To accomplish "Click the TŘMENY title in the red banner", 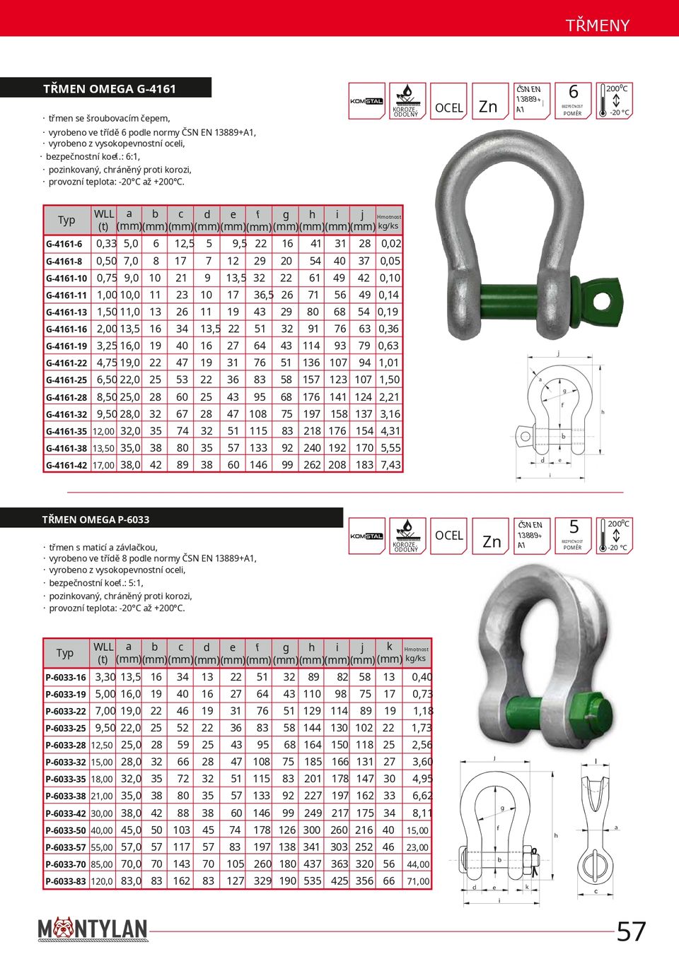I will pos(597,25).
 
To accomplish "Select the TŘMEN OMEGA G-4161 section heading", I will pos(110,89).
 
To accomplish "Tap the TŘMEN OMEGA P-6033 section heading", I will pos(95,519).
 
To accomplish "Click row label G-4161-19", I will pos(66,346).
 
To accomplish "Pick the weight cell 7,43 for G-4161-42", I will pos(390,465).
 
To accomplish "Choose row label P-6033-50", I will pos(66,830).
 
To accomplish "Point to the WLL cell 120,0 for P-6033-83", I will pos(102,881).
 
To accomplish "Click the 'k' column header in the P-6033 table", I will pos(389,647).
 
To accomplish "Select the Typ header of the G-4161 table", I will pos(66,220).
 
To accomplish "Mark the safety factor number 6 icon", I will pos(573,93).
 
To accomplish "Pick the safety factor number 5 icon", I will pos(574,527).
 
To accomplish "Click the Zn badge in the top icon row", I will pos(489,106).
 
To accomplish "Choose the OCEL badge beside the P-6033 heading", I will pos(448,536).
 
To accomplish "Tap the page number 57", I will pos(631,931).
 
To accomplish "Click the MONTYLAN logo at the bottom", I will pos(93,929).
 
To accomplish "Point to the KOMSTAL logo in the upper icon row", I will pos(366,101).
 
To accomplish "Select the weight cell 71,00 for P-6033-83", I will pos(417,881).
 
